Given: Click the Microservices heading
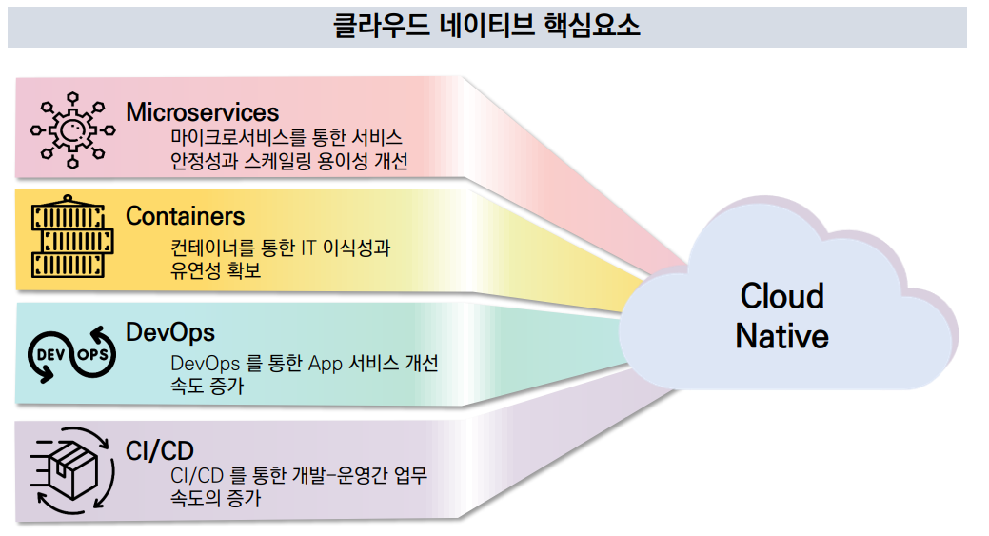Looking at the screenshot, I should point(202,111).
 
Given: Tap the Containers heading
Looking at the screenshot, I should point(185,217).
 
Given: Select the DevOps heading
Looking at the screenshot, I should point(170,332).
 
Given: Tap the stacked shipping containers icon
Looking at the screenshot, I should point(70,238).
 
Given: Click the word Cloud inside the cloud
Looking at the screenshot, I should point(781,296).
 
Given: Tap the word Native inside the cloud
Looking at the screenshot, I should point(781,336).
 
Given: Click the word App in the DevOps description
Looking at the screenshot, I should point(330,364).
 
